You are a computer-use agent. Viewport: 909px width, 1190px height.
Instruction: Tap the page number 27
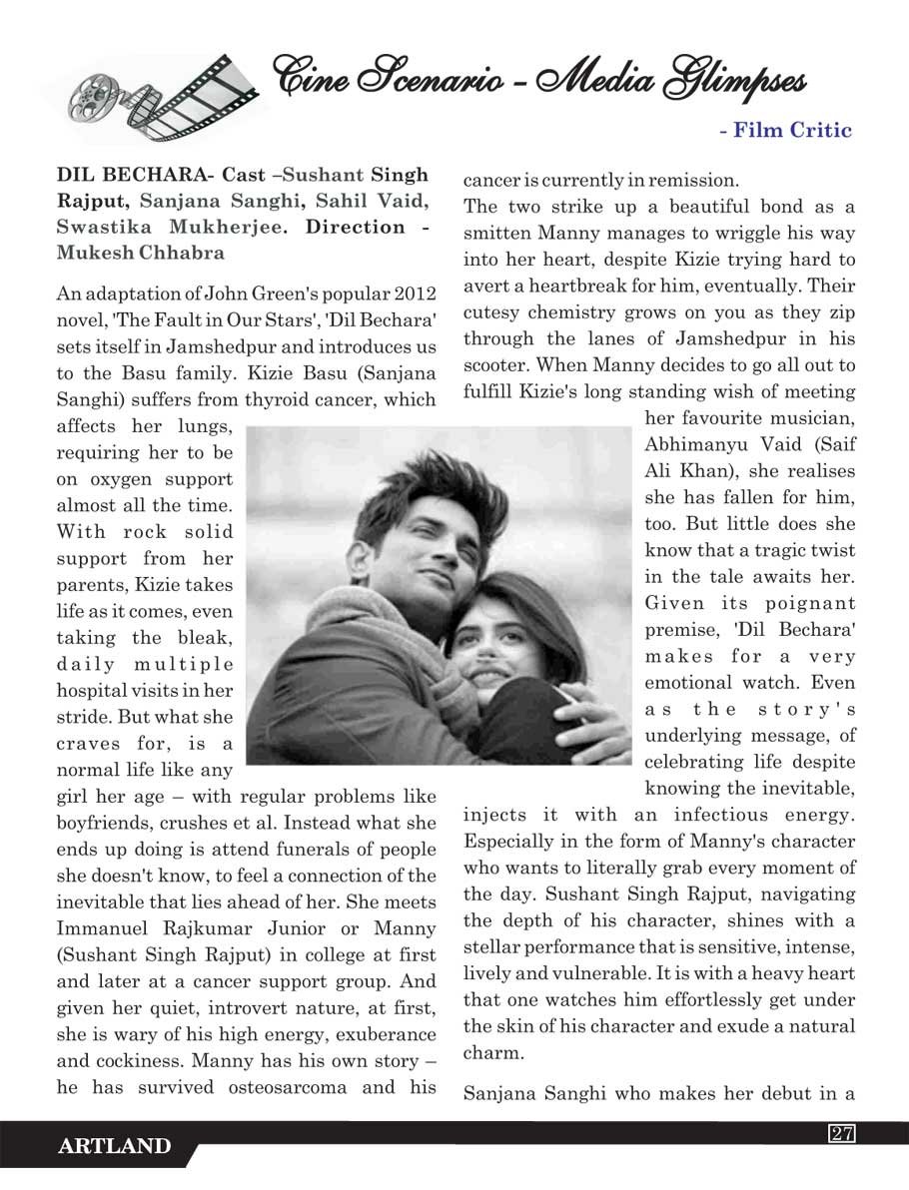coord(841,1133)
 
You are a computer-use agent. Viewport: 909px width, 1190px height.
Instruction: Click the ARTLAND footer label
coord(114,1147)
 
